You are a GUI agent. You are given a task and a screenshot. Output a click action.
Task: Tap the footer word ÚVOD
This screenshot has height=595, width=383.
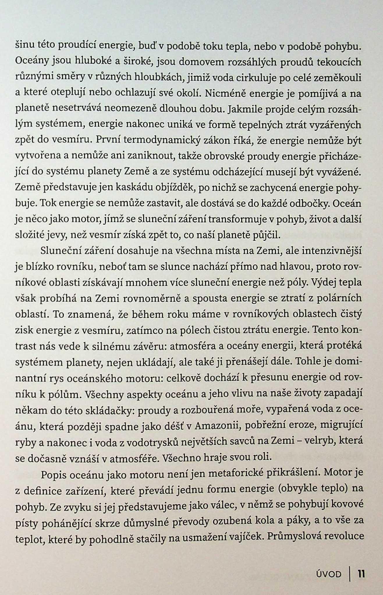click(x=329, y=574)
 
